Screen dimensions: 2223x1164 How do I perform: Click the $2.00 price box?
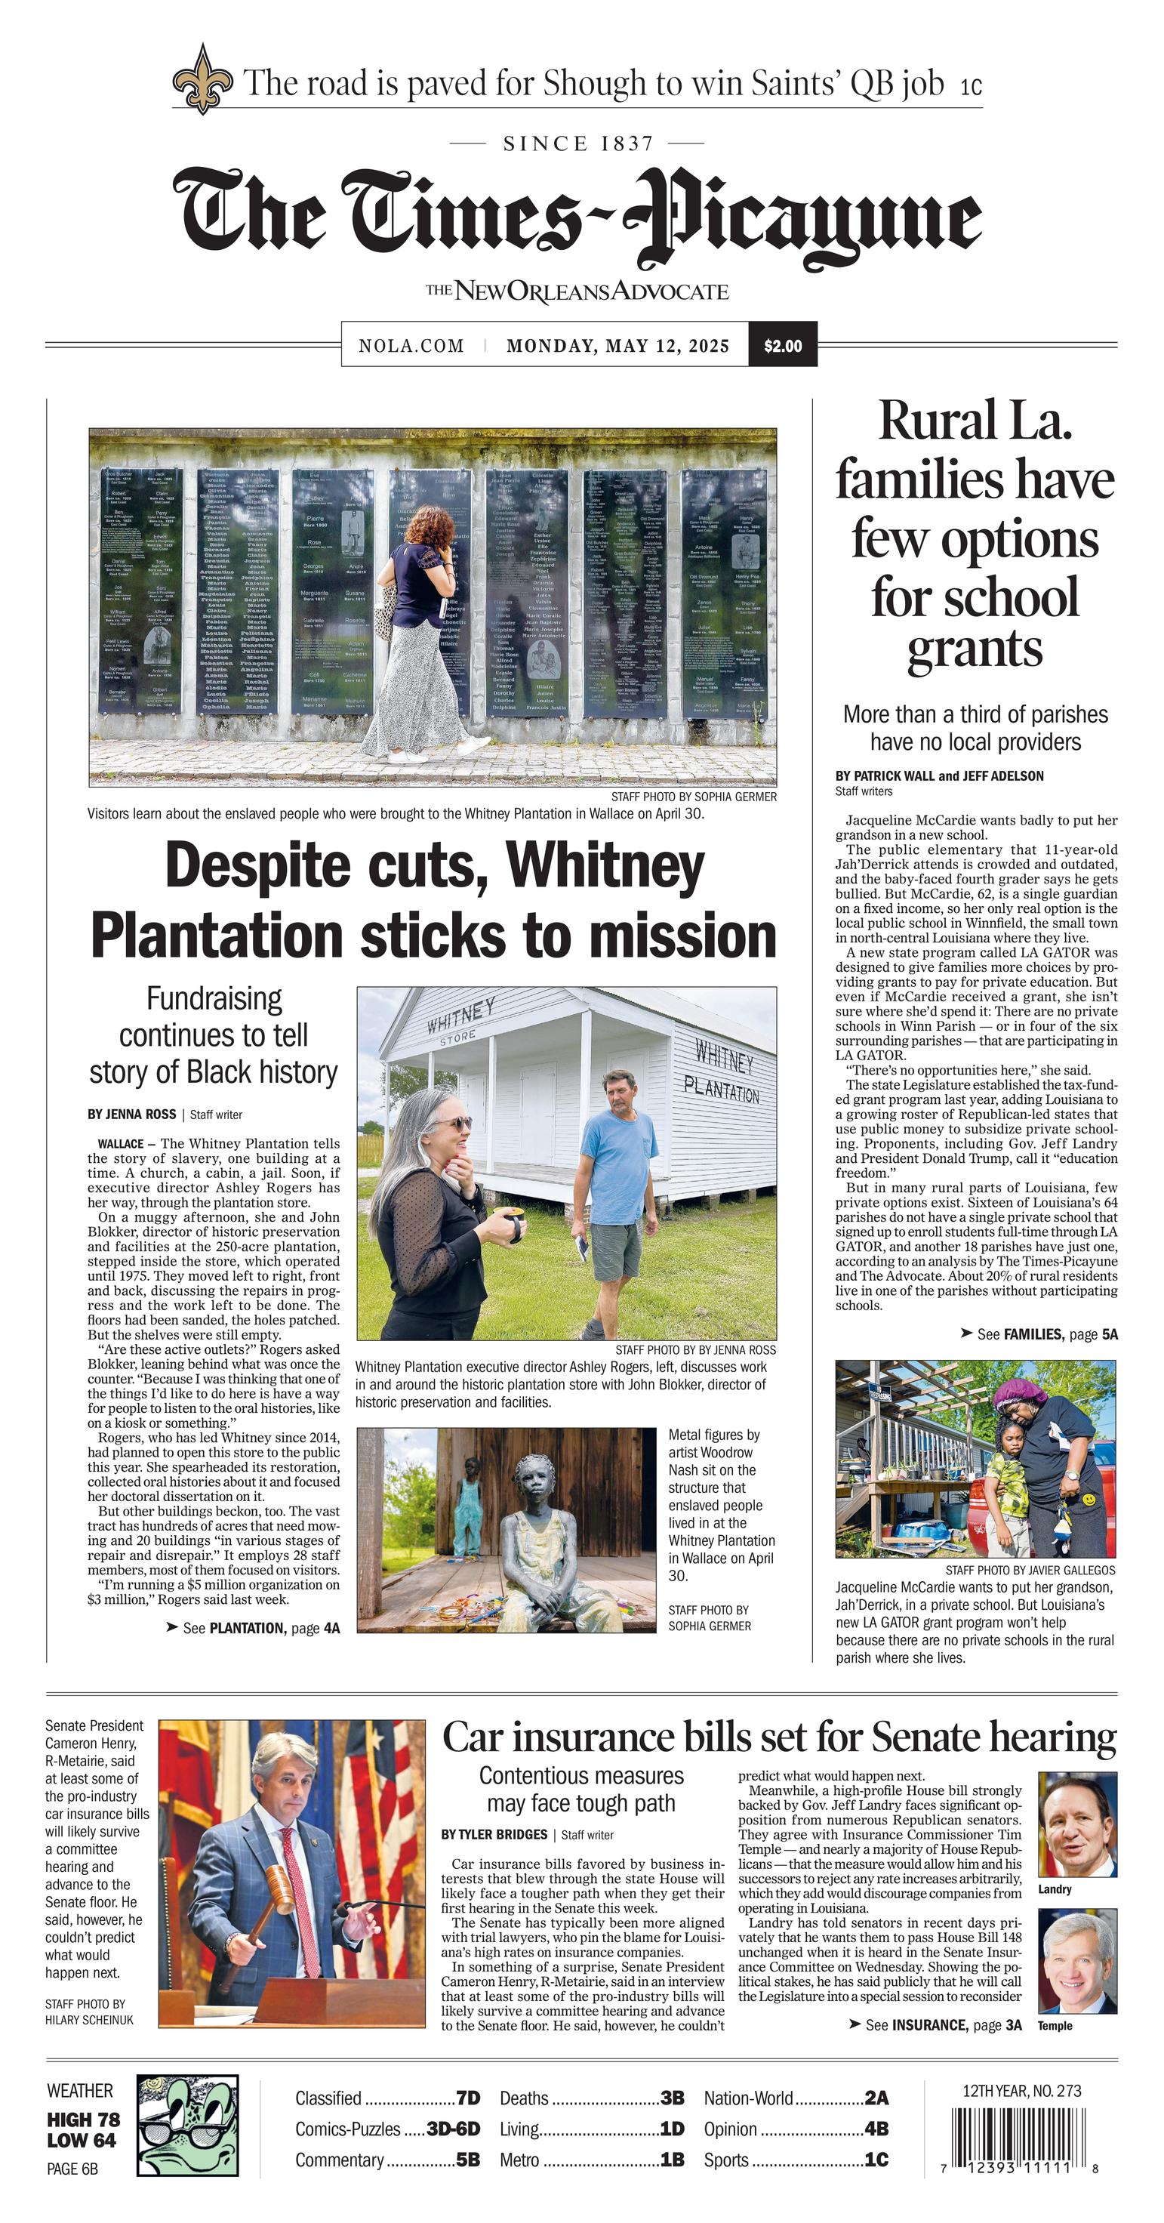click(782, 346)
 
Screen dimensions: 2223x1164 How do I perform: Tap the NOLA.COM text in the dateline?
click(411, 346)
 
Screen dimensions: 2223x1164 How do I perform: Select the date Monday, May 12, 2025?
click(617, 346)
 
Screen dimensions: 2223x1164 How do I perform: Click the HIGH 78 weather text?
click(84, 2120)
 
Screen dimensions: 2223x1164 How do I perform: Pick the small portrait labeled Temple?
click(1077, 1959)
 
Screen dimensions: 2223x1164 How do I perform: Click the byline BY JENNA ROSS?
click(131, 1114)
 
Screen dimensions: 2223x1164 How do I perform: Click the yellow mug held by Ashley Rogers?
click(512, 1226)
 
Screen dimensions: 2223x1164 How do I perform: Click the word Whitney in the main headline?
click(605, 865)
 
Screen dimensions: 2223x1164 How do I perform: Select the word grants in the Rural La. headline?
click(975, 651)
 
